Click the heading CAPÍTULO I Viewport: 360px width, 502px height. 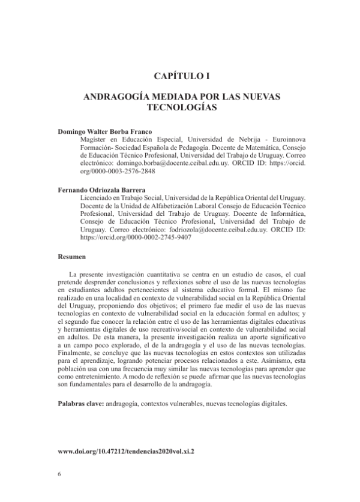pos(180,76)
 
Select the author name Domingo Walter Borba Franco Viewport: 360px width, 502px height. pos(104,131)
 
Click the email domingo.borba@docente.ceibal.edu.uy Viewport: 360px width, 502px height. pos(158,162)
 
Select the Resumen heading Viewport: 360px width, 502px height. pos(71,256)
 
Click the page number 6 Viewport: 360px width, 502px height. pos(59,474)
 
